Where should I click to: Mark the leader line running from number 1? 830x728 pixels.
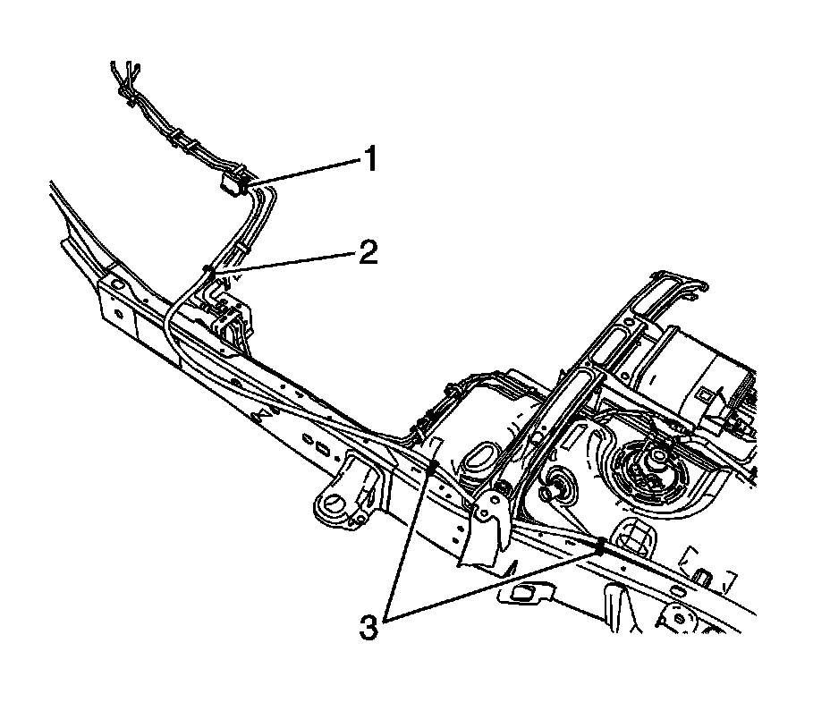(x=304, y=172)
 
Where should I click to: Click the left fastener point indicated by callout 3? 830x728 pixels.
(x=434, y=464)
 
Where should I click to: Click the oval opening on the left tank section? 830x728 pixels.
(x=483, y=459)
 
